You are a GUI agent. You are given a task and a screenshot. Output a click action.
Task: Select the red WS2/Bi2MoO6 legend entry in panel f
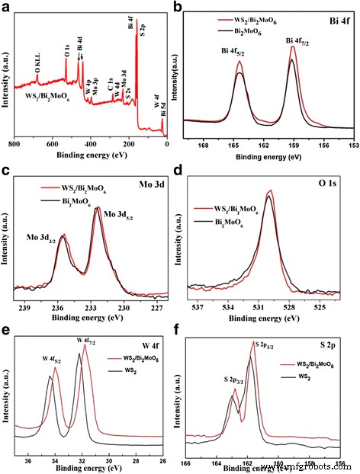pos(317,365)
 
